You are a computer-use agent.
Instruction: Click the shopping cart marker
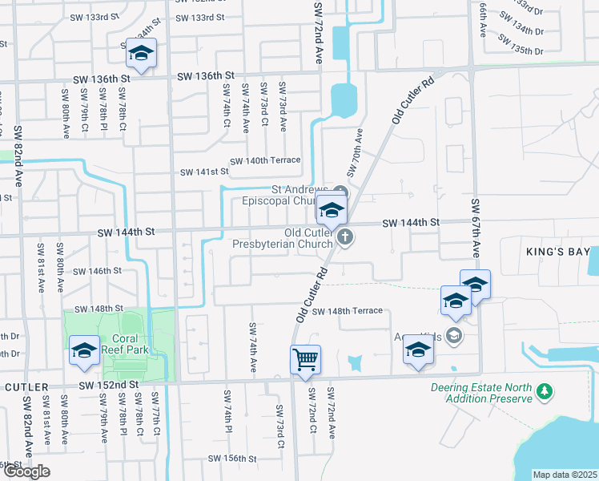(305, 360)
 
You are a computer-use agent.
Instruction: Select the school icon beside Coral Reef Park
(84, 351)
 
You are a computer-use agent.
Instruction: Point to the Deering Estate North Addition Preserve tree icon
(545, 390)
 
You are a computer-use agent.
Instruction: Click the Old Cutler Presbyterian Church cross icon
(345, 236)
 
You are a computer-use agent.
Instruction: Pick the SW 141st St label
(204, 172)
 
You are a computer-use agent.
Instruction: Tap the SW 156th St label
(232, 459)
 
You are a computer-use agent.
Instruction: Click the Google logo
(26, 471)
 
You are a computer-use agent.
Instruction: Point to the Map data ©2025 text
(565, 475)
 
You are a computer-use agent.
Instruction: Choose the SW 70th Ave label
(355, 152)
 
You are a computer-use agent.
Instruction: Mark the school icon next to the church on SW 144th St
(331, 212)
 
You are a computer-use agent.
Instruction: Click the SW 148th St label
(99, 309)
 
